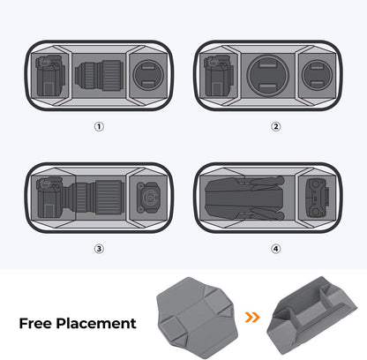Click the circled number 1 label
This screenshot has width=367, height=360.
coord(99,126)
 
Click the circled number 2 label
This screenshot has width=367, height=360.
coord(276,126)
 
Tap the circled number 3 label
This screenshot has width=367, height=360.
coord(99,248)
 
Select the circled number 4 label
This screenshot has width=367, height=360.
coord(276,248)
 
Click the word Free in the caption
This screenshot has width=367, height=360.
coord(40,323)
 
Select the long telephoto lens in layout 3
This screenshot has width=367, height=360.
coord(97,196)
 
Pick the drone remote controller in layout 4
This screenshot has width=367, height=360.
coord(320,196)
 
